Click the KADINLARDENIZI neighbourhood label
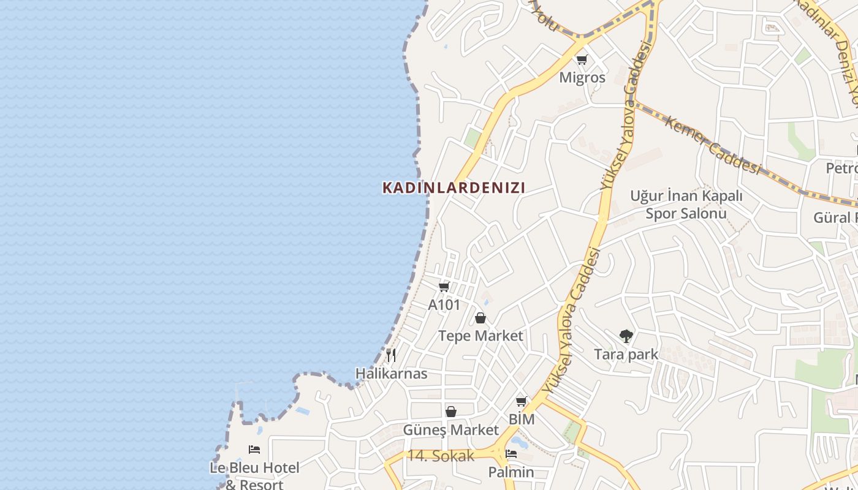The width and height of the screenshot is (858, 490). coord(454,187)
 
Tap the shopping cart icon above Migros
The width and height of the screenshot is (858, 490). coord(582,60)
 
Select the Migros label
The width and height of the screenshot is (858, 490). coord(582,78)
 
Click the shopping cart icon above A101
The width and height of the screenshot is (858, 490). coord(444,287)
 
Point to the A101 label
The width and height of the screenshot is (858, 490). coord(444,305)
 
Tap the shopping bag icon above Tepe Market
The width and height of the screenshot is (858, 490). coord(480,318)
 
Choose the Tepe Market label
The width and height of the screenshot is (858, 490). coord(480,336)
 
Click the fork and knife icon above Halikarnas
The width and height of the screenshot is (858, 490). coord(391,355)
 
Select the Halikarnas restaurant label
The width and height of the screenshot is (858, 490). coord(392,374)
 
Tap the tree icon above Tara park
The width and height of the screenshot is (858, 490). coord(626,336)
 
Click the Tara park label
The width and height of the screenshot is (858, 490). coord(626,354)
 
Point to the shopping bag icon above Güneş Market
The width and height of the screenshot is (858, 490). coord(451,412)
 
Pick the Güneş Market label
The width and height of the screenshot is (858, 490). coord(451,430)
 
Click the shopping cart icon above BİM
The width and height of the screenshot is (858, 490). coord(521,402)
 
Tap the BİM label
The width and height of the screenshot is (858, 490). coord(522,420)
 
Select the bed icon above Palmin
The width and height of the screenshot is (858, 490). coord(511,454)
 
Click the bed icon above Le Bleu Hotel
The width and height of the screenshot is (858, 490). coord(254,450)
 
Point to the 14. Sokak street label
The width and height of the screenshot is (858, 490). coord(441,456)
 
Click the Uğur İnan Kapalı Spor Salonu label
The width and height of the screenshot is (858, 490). coord(686,205)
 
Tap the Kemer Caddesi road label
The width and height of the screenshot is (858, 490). coord(713,145)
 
